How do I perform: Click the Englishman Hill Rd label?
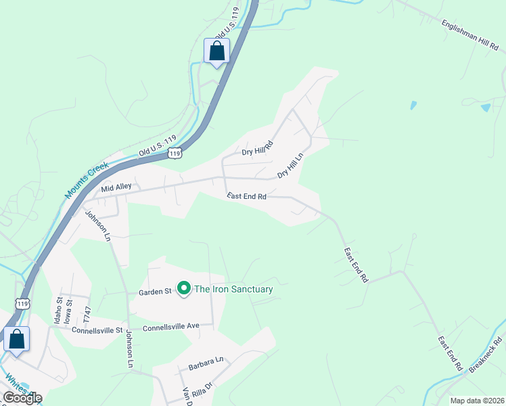(x=471, y=32)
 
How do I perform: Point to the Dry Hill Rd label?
(x=257, y=149)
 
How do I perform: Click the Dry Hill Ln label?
(x=292, y=165)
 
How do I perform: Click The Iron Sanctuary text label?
(x=233, y=290)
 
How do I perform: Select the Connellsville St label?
(x=99, y=331)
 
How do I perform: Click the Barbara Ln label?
(x=206, y=362)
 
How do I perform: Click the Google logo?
(x=22, y=398)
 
